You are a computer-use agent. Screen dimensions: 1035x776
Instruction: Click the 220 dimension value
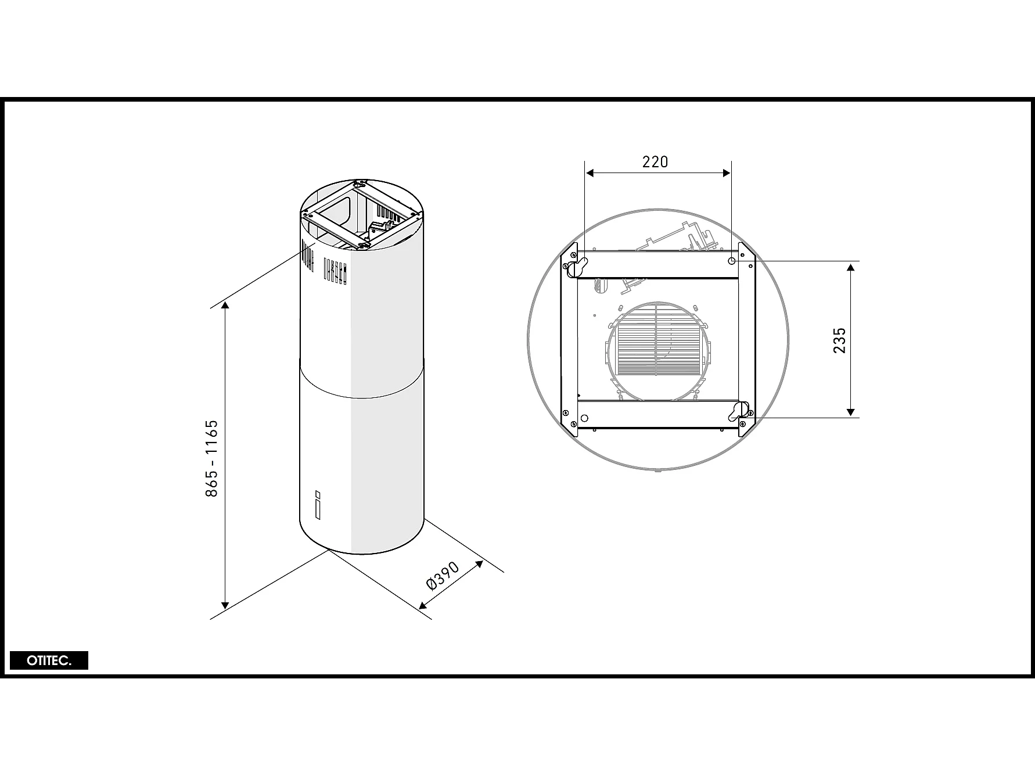point(655,161)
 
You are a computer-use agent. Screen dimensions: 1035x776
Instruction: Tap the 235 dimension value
point(840,340)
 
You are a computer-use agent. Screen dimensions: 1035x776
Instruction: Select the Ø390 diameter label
point(443,576)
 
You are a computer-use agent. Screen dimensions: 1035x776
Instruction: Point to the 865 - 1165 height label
point(211,458)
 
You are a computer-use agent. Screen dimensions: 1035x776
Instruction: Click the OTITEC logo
point(49,661)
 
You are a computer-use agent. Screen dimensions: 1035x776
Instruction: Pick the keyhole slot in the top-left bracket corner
point(577,267)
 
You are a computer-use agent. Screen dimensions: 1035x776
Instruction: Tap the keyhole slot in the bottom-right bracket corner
point(739,410)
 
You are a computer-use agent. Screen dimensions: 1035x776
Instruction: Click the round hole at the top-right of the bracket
point(732,261)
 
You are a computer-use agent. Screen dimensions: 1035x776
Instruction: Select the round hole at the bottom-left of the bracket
point(584,418)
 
